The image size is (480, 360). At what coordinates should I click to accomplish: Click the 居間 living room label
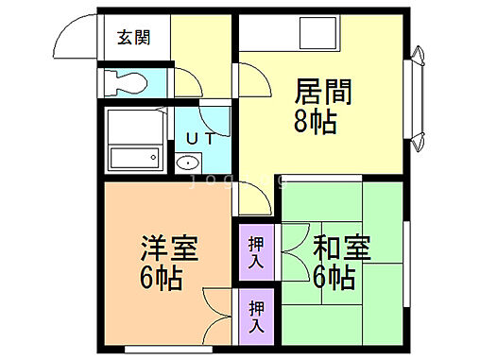[x=323, y=93]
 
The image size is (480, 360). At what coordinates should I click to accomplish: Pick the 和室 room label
[x=342, y=249]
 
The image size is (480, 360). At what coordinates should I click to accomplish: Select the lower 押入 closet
[x=256, y=314]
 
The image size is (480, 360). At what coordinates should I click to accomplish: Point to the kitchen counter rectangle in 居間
[x=313, y=35]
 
